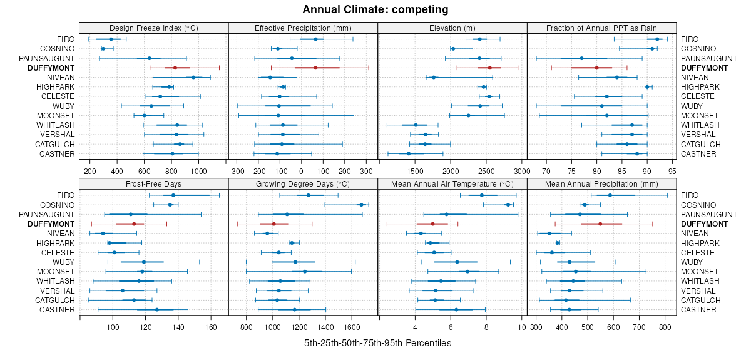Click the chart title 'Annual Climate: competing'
pos(375,9)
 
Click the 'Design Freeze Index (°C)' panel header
pos(153,28)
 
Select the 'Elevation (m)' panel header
pos(452,28)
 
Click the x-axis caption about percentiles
pos(377,343)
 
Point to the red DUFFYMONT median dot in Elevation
pos(490,68)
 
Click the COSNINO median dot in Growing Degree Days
pos(361,205)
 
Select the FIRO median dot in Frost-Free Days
pos(174,195)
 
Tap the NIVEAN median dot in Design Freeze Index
pos(193,77)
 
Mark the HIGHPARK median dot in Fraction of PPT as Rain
pos(647,86)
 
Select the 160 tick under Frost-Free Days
pos(211,326)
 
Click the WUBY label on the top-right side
pos(691,106)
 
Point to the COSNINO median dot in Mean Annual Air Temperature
pos(508,205)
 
